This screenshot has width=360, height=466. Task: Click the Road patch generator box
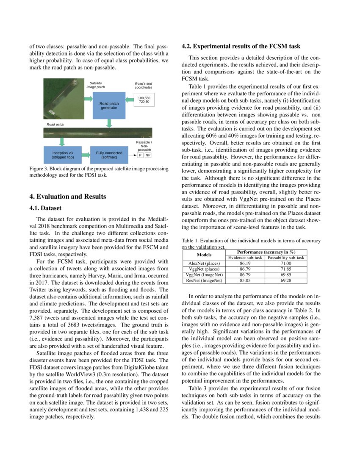109,105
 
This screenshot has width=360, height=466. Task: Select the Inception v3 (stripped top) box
63,155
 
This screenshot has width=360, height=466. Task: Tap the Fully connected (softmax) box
109,155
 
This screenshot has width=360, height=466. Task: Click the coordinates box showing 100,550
144,100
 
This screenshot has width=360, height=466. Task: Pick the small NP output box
148,155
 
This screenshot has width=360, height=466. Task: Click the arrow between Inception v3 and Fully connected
86,155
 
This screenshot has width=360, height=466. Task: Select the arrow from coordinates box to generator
130,100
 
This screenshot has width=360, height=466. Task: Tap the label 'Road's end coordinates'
143,85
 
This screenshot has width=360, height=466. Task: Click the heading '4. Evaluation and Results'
67,197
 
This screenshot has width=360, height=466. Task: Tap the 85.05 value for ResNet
245,280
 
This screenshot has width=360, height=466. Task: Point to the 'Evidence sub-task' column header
245,258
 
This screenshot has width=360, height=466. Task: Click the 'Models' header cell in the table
204,255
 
